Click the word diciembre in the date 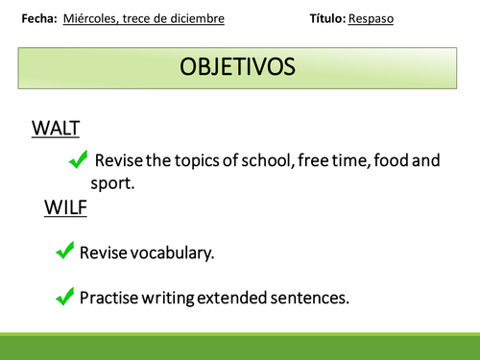pos(200,18)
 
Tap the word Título pos(328,18)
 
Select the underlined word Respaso pos(372,18)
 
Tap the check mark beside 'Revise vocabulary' pos(65,252)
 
